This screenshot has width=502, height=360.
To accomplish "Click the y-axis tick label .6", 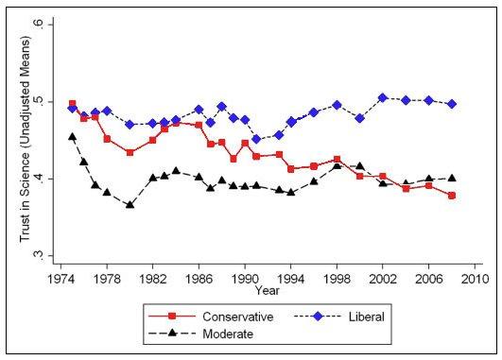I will [x=36, y=23].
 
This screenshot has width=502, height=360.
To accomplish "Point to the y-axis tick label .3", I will [x=36, y=256].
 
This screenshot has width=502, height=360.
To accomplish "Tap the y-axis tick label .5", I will [x=36, y=100].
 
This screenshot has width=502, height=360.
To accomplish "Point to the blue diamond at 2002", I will [x=382, y=97].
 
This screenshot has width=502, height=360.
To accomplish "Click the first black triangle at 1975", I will [x=73, y=137].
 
